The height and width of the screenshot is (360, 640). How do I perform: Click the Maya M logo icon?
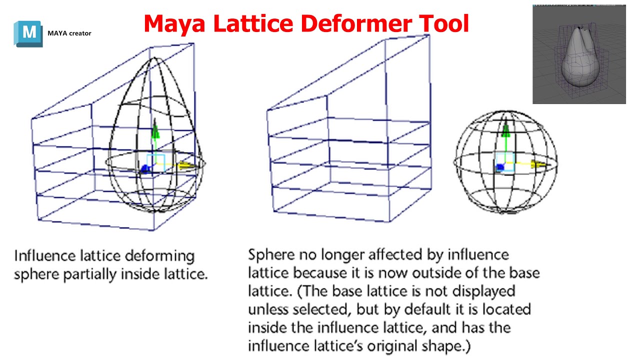tap(29, 33)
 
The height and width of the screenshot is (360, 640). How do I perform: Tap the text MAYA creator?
tap(69, 33)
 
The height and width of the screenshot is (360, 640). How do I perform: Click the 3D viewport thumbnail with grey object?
tap(579, 54)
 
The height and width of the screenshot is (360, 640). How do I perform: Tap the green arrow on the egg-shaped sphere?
tap(155, 131)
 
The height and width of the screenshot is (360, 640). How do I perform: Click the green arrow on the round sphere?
tap(506, 130)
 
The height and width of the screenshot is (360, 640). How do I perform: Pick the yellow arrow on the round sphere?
tap(538, 164)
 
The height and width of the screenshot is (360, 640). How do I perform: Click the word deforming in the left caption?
tap(162, 256)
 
